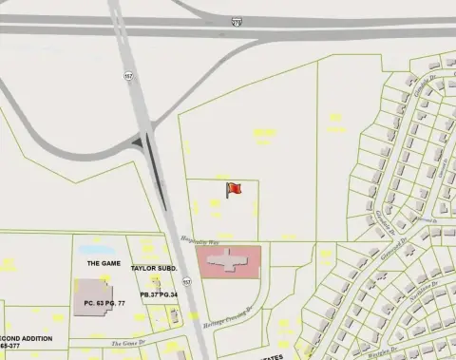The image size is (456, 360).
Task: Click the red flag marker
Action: (x=234, y=190)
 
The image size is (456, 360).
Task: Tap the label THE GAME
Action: (x=104, y=263)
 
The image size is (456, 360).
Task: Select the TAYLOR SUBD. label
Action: (x=155, y=269)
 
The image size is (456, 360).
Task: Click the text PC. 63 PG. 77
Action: (x=104, y=303)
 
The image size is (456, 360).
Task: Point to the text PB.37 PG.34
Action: (x=160, y=295)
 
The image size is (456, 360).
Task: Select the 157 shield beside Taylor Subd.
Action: (x=187, y=282)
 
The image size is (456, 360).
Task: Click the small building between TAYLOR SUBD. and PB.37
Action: (x=157, y=282)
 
